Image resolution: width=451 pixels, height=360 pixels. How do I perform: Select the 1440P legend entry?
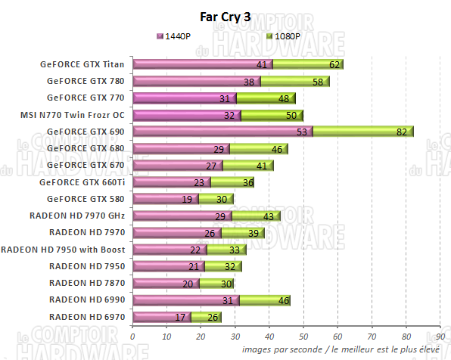tap(175, 36)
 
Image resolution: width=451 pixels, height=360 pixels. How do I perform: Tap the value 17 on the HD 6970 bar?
tap(180, 317)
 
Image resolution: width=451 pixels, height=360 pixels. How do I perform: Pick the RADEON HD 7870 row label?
tap(87, 283)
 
